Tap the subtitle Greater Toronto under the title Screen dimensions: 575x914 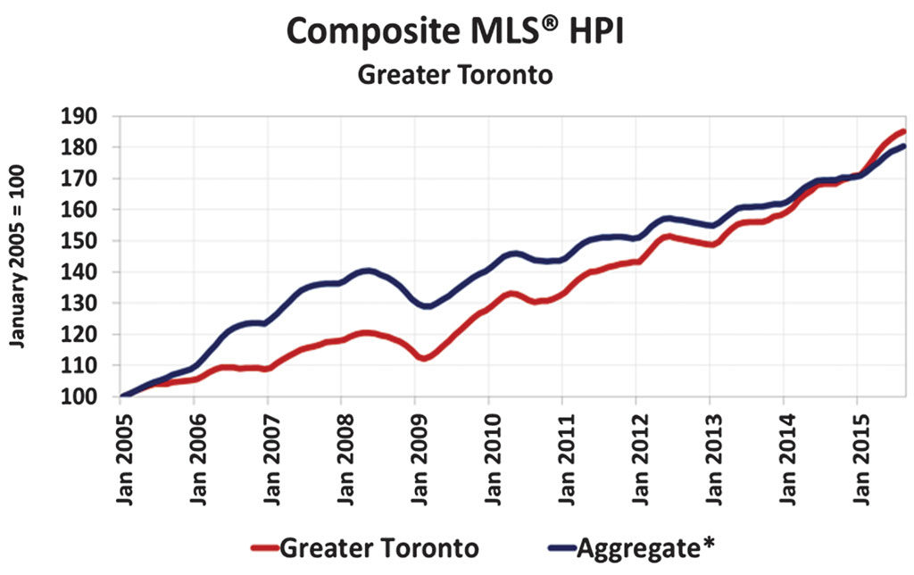click(x=455, y=75)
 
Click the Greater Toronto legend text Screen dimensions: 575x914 click(x=379, y=547)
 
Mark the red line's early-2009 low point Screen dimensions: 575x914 click(x=423, y=357)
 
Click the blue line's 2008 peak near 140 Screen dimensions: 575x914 click(x=366, y=271)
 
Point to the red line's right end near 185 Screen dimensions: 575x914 click(x=902, y=132)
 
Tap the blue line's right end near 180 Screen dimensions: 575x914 click(x=902, y=146)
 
